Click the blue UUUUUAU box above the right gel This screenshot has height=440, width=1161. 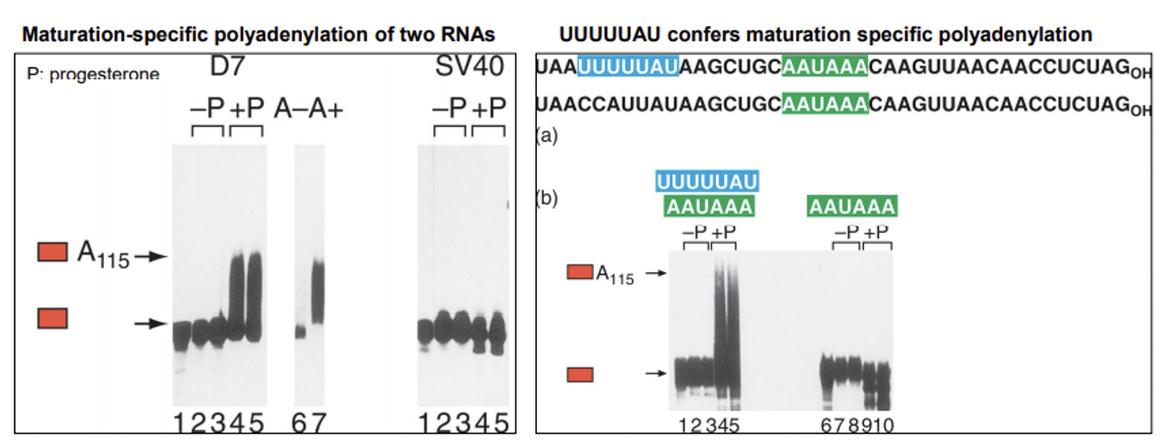[707, 182]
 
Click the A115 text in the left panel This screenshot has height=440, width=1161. [103, 255]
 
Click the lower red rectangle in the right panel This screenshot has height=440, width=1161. [580, 374]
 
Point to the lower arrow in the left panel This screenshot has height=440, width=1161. [151, 324]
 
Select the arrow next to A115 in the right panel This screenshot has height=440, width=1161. [655, 275]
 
